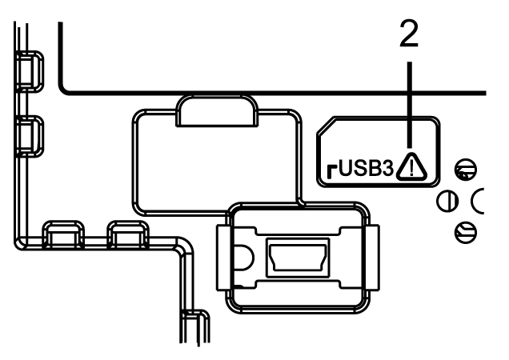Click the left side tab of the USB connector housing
(x=223, y=255)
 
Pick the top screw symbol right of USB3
(x=461, y=169)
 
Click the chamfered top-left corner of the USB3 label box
(x=323, y=126)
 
